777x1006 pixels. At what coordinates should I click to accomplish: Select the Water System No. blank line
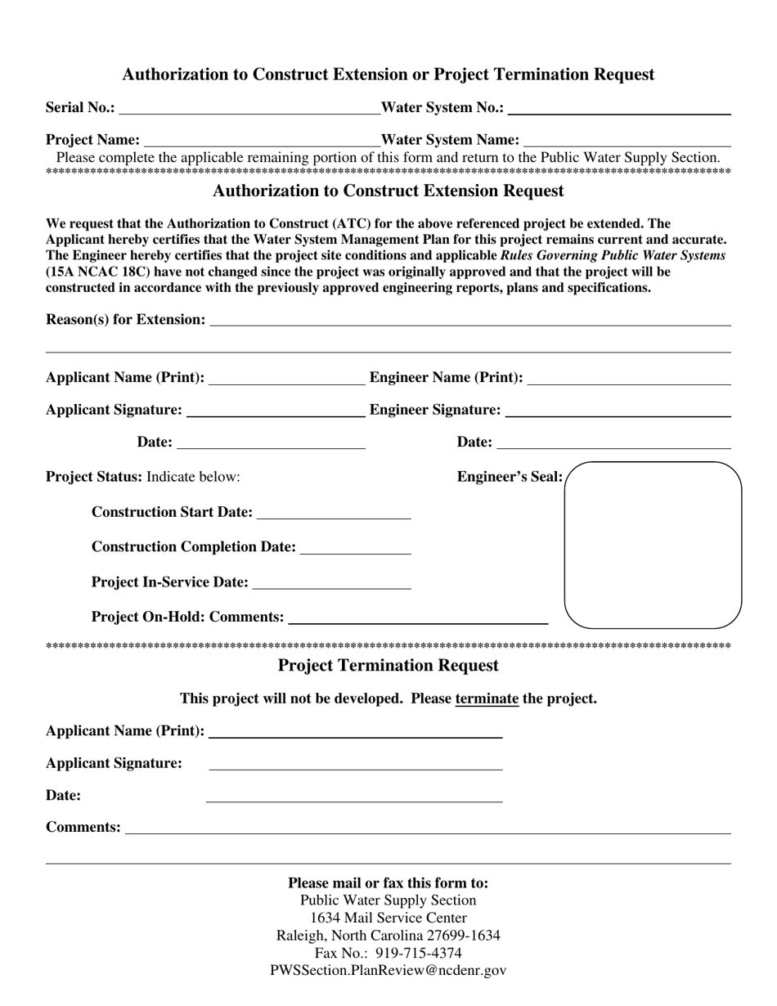click(619, 108)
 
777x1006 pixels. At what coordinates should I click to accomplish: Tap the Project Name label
click(92, 140)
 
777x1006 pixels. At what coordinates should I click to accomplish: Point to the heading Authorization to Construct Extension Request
click(388, 191)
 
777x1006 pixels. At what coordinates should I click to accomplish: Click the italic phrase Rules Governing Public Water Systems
click(613, 255)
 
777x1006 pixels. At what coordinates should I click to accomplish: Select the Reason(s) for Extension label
click(126, 319)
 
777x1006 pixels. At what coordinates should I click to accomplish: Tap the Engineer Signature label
click(435, 409)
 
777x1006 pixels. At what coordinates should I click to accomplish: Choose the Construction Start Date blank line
click(334, 513)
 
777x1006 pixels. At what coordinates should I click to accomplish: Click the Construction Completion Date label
click(194, 546)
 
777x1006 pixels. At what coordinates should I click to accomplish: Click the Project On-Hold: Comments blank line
click(418, 618)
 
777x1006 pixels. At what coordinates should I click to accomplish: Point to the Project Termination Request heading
click(388, 666)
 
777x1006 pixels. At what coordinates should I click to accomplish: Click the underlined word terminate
click(487, 699)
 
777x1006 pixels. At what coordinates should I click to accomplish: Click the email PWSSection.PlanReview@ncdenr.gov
click(388, 972)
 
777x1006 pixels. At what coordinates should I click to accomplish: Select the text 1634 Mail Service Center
click(388, 918)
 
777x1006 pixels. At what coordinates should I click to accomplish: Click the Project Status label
click(94, 477)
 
